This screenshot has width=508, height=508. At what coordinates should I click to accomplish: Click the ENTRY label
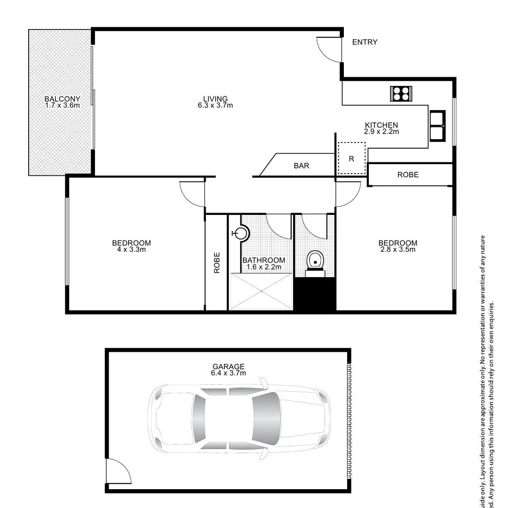point(365,42)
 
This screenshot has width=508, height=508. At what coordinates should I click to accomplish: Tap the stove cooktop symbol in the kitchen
point(401,94)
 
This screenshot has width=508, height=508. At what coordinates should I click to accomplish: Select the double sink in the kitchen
point(437,125)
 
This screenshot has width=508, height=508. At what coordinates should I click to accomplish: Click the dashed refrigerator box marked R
point(351,159)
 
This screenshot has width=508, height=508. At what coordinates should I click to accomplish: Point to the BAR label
point(302,166)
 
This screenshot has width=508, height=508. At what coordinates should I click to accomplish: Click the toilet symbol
point(315,261)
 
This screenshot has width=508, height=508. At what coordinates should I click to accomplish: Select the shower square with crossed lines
point(261,292)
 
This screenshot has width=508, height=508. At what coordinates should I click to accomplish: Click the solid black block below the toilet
point(314,294)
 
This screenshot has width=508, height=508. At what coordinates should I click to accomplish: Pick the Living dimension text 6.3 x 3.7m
point(215,105)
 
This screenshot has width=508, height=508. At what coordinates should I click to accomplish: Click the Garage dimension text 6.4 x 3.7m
point(229,373)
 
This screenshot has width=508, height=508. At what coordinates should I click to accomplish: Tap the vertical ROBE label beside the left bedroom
point(217,262)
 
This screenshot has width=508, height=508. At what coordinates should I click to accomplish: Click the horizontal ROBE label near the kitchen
point(408,175)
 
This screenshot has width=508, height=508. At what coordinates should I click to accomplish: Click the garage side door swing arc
point(117,470)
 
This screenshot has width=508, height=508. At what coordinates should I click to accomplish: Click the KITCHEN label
point(381,125)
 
